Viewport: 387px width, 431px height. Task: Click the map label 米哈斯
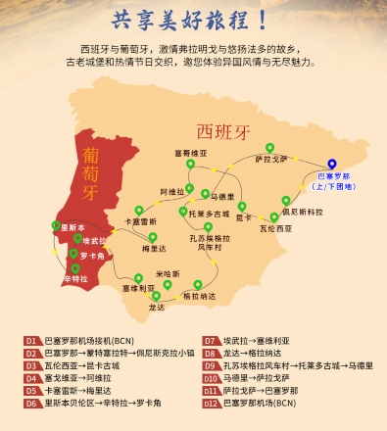169,273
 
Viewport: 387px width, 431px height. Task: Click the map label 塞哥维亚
192,154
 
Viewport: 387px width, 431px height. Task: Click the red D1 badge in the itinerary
31,340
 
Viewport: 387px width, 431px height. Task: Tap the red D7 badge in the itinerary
210,340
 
